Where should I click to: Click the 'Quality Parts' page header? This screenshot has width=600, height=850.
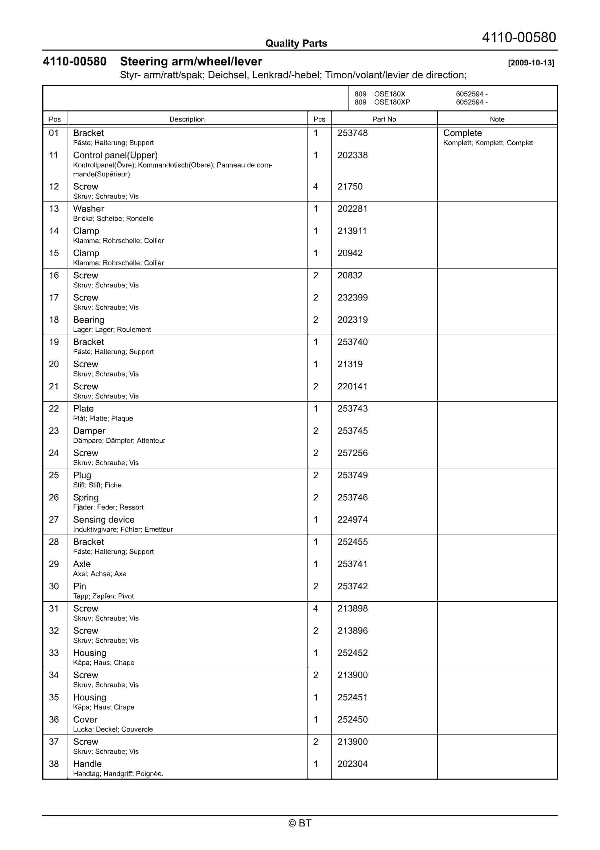coord(296,43)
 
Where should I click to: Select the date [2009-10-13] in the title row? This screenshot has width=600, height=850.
coord(531,63)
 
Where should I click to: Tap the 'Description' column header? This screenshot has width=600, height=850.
coord(187,119)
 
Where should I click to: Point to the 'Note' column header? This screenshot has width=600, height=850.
coord(497,119)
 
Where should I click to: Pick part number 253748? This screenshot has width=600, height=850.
coord(352,133)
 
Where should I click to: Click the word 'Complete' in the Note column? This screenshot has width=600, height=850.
coord(462,133)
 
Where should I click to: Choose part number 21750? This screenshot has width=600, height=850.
coord(350,186)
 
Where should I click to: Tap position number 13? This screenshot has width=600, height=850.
coord(54,208)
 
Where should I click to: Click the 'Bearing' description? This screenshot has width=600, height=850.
coord(88,320)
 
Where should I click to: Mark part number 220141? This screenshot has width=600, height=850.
coord(352,386)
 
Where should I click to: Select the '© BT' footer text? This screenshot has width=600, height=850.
coord(300,823)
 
